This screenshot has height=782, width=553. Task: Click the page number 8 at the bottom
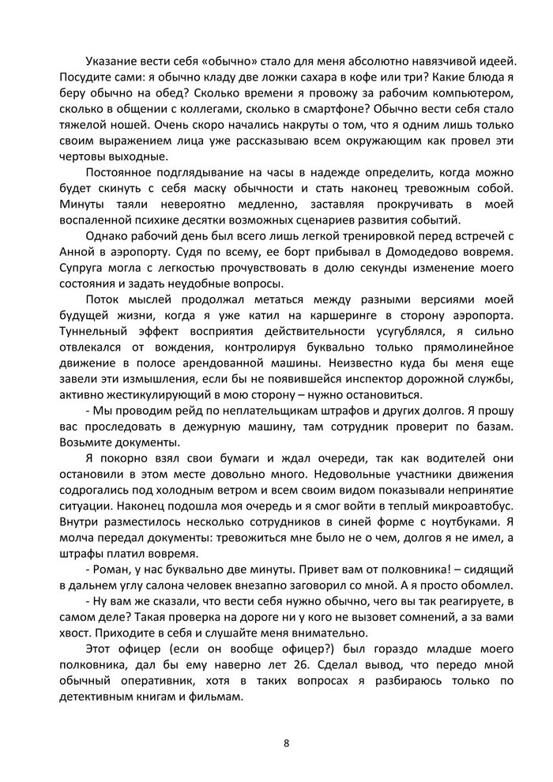(286, 743)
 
